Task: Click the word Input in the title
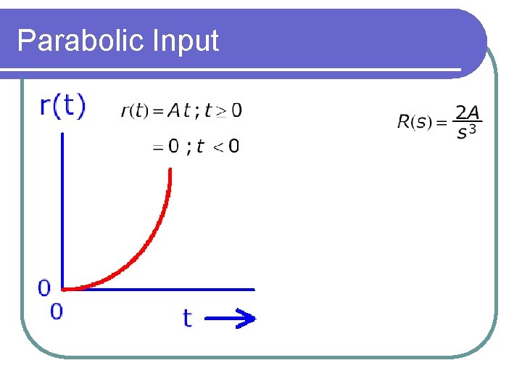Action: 186,41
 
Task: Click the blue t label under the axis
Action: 187,317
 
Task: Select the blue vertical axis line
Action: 63,211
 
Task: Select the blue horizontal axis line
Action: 159,289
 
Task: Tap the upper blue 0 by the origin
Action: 44,288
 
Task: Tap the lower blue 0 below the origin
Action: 57,311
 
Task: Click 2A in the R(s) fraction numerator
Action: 467,113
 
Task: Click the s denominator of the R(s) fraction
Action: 461,133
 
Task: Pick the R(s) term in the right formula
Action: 412,122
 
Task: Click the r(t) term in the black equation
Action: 134,111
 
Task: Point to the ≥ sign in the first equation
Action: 221,111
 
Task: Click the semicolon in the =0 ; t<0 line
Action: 189,147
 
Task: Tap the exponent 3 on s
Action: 473,129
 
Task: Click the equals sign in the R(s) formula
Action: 441,122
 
